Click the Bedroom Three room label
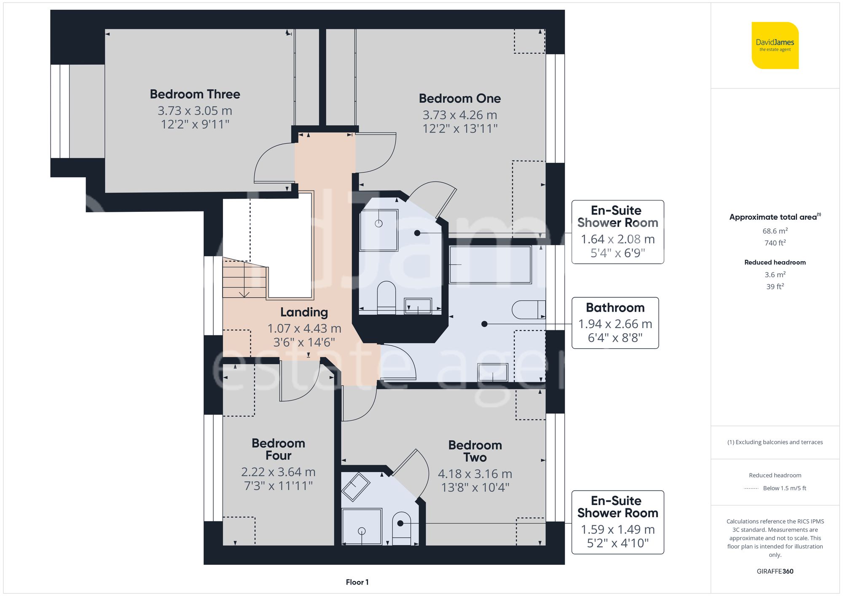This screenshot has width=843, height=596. (x=195, y=94)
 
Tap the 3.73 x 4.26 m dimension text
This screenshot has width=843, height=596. (x=459, y=115)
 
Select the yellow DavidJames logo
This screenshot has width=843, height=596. (x=775, y=45)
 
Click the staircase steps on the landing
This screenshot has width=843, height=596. (x=244, y=278)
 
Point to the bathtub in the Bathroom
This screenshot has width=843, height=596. (x=490, y=265)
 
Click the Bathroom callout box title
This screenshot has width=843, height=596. (x=615, y=307)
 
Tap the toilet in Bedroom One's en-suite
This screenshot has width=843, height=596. (x=386, y=295)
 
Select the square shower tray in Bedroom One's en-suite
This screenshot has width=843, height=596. (x=379, y=230)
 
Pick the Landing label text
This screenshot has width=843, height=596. (x=304, y=312)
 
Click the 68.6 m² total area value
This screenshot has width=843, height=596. (x=775, y=231)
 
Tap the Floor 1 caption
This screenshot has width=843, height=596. (x=357, y=582)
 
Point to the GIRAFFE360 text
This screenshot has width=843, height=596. (x=775, y=571)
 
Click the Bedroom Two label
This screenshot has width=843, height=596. (x=475, y=451)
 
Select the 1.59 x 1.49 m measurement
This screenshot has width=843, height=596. (x=617, y=529)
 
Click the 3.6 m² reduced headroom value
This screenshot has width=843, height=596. (x=775, y=275)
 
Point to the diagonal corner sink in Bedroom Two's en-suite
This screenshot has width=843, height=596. (x=355, y=486)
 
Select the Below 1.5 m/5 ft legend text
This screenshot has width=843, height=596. (x=784, y=488)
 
